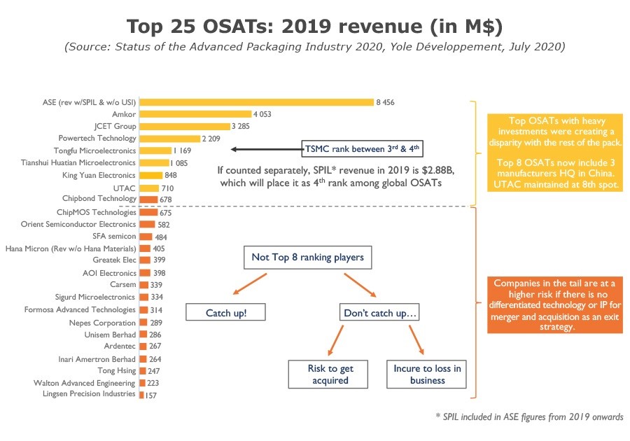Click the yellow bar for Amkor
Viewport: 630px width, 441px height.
(x=195, y=114)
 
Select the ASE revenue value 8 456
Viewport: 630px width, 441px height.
(x=385, y=102)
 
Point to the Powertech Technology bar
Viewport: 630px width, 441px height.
(x=170, y=139)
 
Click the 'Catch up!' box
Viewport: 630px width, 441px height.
(x=225, y=312)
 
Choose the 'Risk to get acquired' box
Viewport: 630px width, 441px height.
(x=330, y=374)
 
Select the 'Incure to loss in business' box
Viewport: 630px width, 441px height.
(x=427, y=374)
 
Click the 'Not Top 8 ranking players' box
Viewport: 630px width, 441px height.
(x=307, y=258)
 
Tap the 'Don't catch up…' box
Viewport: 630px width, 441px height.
(x=380, y=312)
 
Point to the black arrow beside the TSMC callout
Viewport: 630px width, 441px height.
(x=266, y=148)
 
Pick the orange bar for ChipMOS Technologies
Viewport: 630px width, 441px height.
(x=148, y=212)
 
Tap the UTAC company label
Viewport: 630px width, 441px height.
(x=125, y=188)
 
